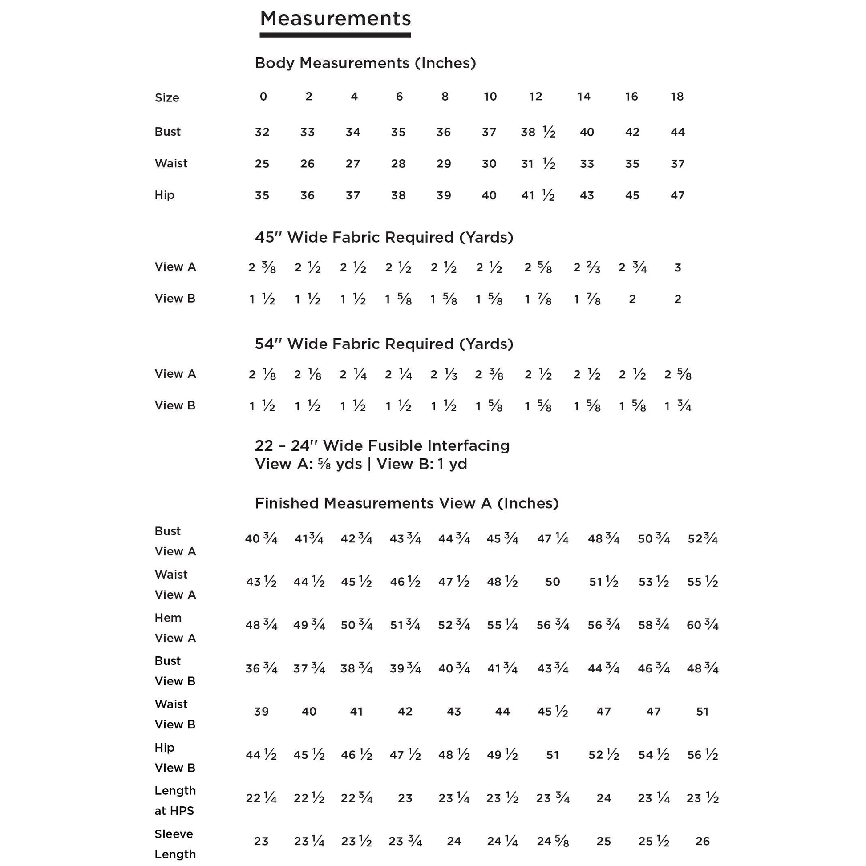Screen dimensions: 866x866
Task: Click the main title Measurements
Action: (335, 19)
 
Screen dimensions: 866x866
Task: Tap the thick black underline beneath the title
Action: (335, 35)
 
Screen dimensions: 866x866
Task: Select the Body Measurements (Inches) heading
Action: (365, 63)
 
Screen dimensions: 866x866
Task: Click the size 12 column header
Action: (536, 97)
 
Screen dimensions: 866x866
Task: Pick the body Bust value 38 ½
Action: (538, 132)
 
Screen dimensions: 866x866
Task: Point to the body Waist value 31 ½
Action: (538, 164)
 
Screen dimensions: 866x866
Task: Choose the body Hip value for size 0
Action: (262, 195)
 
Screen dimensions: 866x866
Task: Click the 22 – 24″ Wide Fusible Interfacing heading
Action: (382, 446)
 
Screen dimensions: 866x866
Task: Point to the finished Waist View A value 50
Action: (553, 582)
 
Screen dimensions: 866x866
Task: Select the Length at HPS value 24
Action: (604, 798)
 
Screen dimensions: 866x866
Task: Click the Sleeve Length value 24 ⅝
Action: (553, 842)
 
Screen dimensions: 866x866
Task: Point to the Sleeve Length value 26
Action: (702, 842)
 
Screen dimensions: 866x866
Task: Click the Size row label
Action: (167, 98)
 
